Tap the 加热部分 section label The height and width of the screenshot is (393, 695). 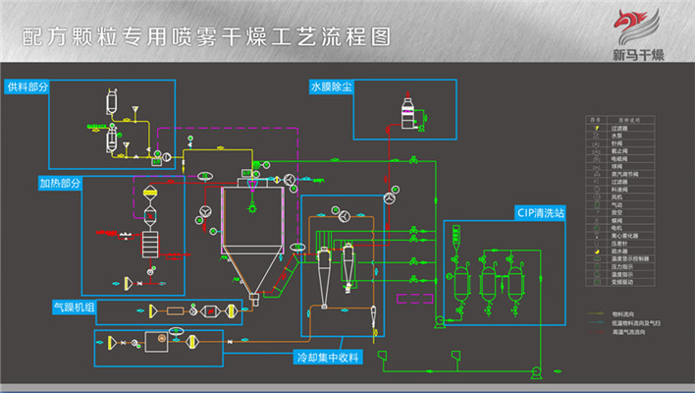[61, 183]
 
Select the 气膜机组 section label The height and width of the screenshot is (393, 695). [75, 307]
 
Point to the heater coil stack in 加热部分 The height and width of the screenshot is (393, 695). [150, 242]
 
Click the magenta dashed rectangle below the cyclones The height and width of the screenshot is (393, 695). [411, 296]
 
